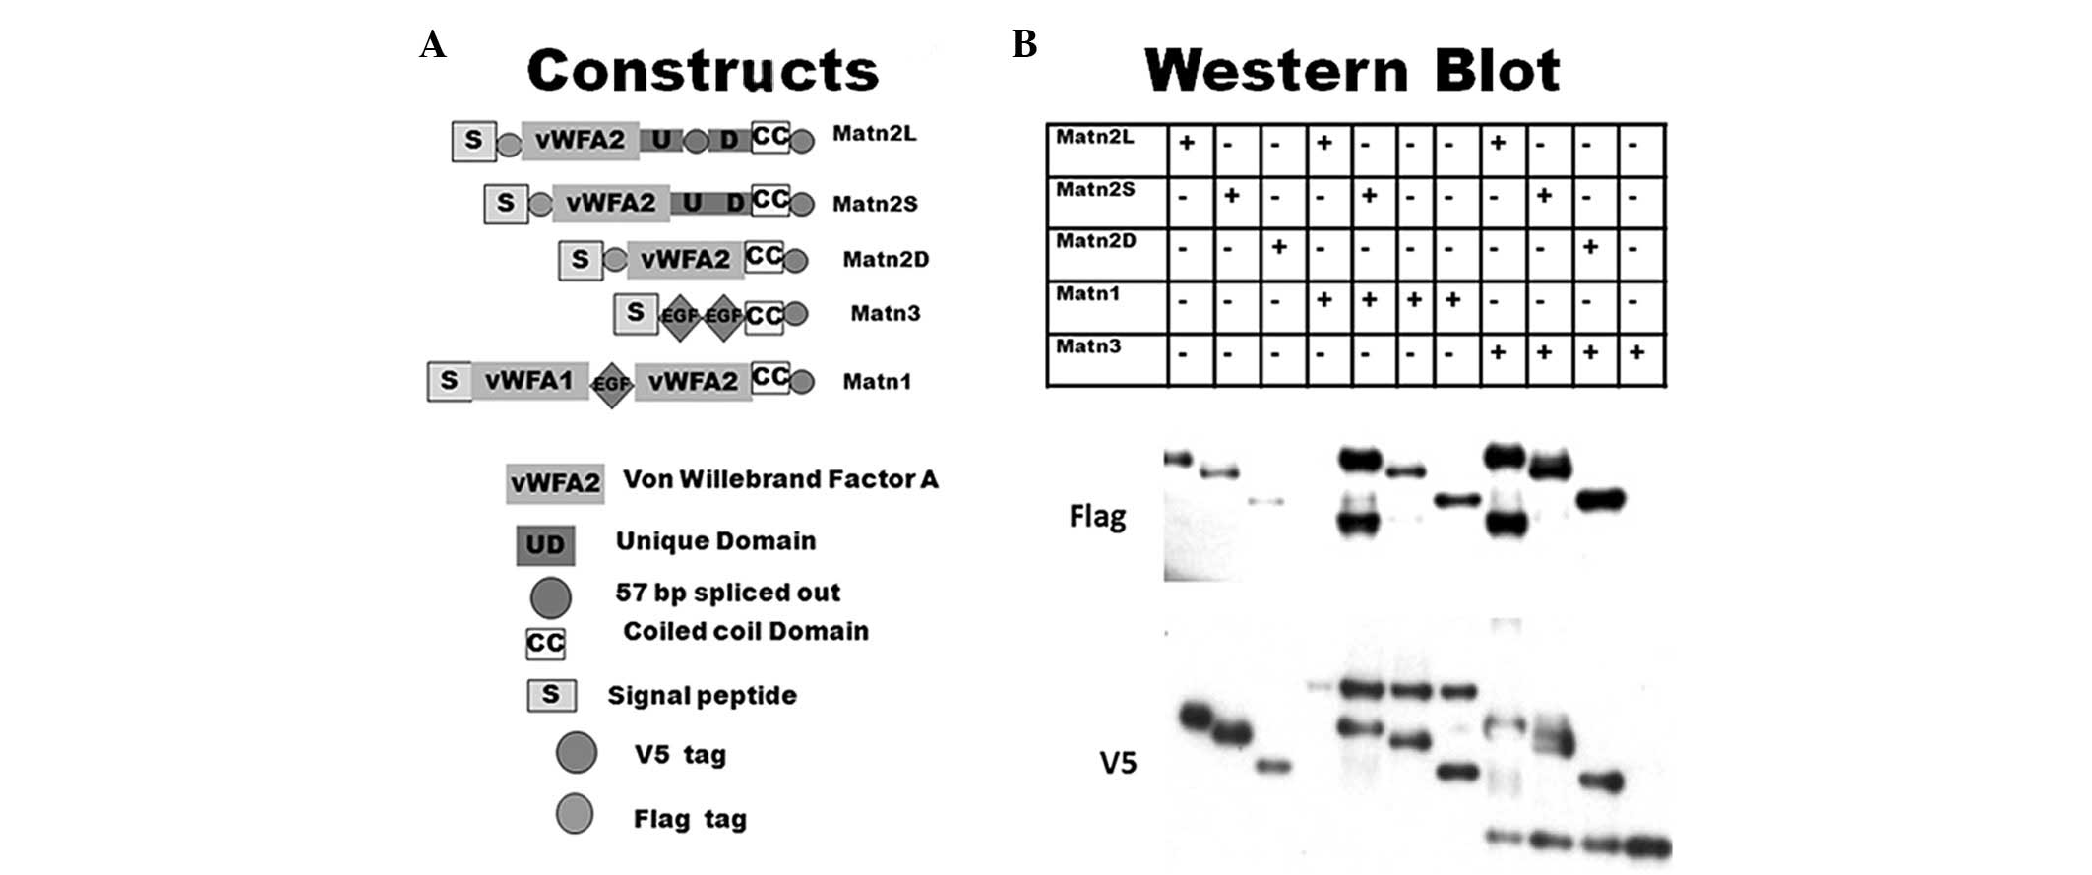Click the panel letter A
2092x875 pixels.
[432, 45]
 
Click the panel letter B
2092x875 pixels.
[1024, 45]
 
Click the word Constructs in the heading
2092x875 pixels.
[703, 71]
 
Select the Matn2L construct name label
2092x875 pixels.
[874, 134]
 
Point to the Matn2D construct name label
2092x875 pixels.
[886, 260]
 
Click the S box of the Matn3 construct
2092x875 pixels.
[636, 313]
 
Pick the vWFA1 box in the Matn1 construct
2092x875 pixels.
[528, 381]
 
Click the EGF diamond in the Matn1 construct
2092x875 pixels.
[611, 384]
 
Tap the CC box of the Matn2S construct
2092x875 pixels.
[769, 201]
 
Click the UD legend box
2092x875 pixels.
[545, 545]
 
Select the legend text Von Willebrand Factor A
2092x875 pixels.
[780, 480]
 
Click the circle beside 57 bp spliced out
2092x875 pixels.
[550, 596]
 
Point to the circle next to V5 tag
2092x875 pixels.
[576, 753]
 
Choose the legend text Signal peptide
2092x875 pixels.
[702, 696]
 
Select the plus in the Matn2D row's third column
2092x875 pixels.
[1279, 247]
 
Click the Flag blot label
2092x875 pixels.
[1097, 516]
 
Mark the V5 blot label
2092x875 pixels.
[1118, 762]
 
